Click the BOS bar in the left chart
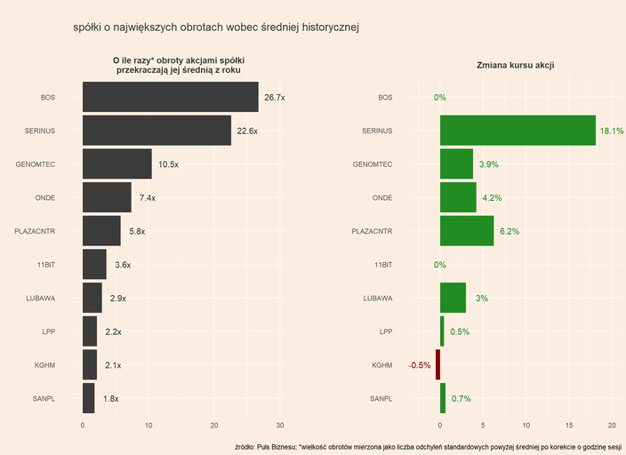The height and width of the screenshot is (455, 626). coord(170,97)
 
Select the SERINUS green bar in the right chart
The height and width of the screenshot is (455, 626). coord(518,131)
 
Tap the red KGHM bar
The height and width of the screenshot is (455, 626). coord(437,365)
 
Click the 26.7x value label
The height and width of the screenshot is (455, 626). coord(275,98)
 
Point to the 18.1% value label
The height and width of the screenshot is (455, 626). coord(612,131)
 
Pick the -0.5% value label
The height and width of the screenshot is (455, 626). coord(419,365)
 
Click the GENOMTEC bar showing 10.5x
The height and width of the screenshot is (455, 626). coord(116,164)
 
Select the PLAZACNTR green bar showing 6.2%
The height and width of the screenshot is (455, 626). coord(467,231)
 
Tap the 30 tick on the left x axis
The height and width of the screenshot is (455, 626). coord(280,425)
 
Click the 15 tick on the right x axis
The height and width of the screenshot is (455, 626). coord(569,425)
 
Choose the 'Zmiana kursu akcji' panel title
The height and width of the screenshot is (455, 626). coord(517,65)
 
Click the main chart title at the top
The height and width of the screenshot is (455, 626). coord(216,28)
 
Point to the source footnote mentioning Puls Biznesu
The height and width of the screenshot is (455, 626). coord(428,446)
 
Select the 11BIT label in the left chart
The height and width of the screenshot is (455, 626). coord(46,265)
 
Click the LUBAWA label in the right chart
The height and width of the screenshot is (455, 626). coord(377,299)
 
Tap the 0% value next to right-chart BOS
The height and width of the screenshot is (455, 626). coord(440,98)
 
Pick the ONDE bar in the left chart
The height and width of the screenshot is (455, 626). coord(107,197)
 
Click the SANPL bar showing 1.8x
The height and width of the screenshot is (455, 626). coord(88,398)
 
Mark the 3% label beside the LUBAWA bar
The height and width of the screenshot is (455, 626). coord(482,299)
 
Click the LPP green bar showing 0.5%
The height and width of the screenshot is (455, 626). coord(442,331)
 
